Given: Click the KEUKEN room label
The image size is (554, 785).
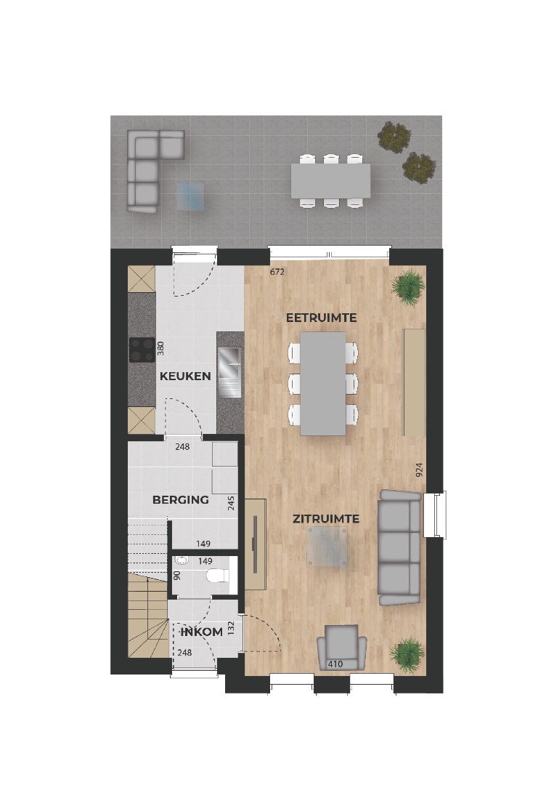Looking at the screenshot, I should [x=185, y=377].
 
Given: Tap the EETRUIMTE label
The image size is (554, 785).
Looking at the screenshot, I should [x=321, y=318].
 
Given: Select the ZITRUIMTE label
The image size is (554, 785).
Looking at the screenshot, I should [x=326, y=519].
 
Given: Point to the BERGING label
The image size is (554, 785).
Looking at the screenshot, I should [x=180, y=500].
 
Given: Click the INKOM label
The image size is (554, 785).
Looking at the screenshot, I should [x=201, y=632].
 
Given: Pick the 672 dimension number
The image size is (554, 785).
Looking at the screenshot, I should [x=276, y=273].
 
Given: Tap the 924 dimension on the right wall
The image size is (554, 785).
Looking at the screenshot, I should [x=419, y=470].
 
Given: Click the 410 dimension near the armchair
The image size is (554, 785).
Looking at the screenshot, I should [x=335, y=664].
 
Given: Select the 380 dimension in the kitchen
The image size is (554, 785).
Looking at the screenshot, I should [x=162, y=350].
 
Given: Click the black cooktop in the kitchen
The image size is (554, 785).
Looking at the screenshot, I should [x=142, y=350].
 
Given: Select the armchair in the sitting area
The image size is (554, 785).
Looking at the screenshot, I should [x=341, y=647].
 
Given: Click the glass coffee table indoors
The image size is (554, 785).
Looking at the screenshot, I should [x=327, y=546].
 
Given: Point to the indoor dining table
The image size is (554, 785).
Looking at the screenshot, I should [x=323, y=383].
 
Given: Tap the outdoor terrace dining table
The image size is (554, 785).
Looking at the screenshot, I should [x=330, y=181].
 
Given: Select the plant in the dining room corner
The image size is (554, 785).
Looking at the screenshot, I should [x=407, y=286].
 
